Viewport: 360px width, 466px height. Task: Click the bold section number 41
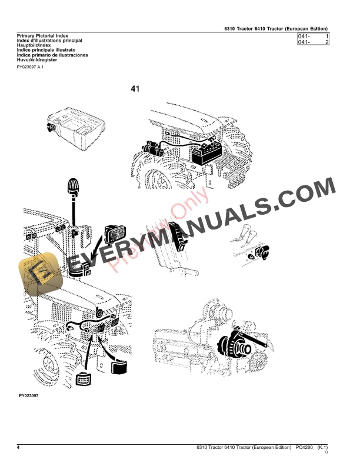pyautogui.click(x=135, y=89)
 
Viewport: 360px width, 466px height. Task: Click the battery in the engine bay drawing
pyautogui.click(x=205, y=154)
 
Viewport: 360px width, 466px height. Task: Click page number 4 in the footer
pyautogui.click(x=19, y=448)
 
